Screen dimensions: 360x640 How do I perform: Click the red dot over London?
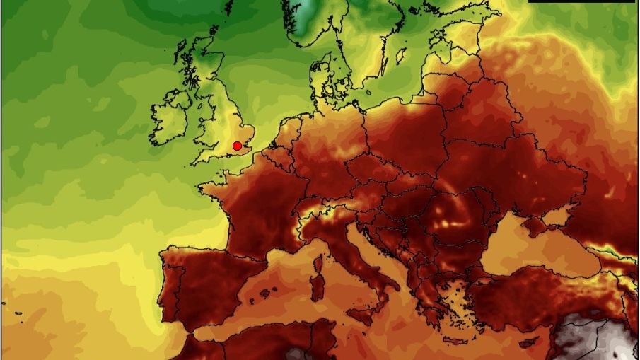(237, 146)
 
